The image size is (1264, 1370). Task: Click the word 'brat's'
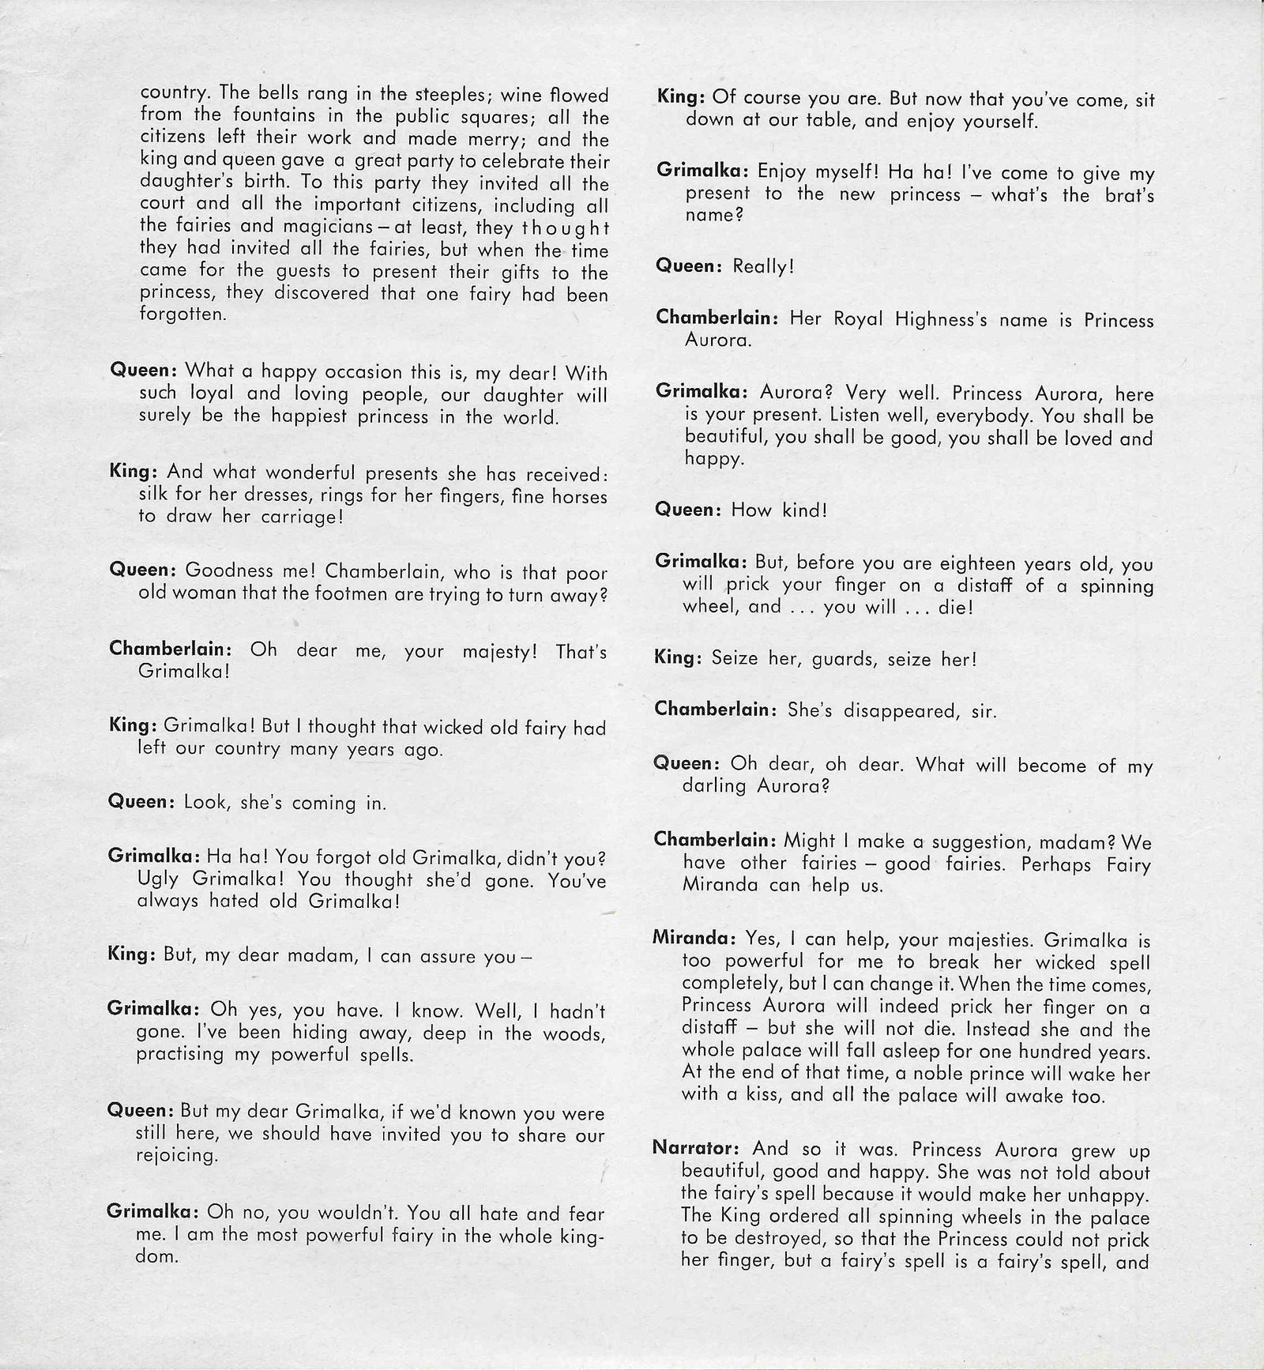(x=1124, y=195)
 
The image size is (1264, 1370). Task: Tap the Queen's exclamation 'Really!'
(x=763, y=266)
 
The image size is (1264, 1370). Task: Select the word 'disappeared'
(x=889, y=710)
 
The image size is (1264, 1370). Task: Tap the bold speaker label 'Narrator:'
(x=698, y=1149)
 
